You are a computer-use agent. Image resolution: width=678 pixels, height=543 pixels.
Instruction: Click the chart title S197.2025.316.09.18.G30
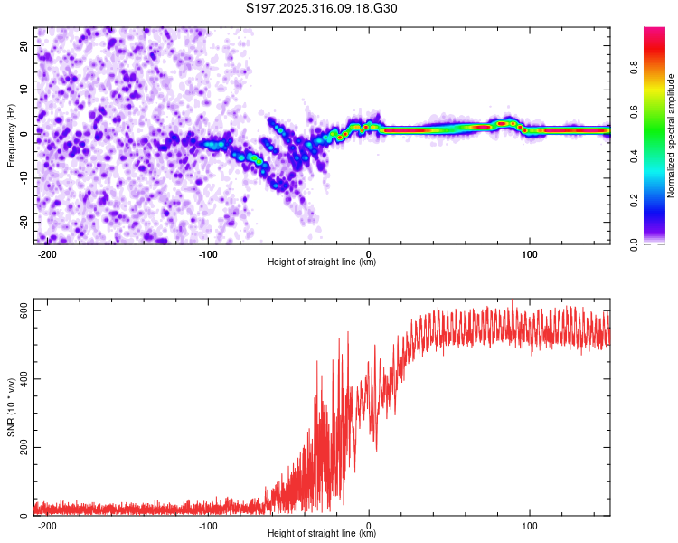click(322, 8)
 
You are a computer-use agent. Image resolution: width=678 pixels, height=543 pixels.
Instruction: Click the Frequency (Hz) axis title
click(11, 136)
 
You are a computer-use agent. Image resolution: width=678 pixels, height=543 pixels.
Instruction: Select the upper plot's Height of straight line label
click(322, 262)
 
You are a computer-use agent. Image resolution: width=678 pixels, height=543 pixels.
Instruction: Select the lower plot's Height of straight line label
click(322, 534)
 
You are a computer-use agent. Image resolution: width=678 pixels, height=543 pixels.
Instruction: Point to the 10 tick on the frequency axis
click(24, 89)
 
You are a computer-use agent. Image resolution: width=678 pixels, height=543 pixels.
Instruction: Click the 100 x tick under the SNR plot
click(530, 525)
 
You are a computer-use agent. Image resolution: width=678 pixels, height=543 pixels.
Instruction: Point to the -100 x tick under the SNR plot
click(208, 525)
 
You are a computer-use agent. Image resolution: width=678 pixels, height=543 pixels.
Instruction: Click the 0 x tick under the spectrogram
click(369, 253)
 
